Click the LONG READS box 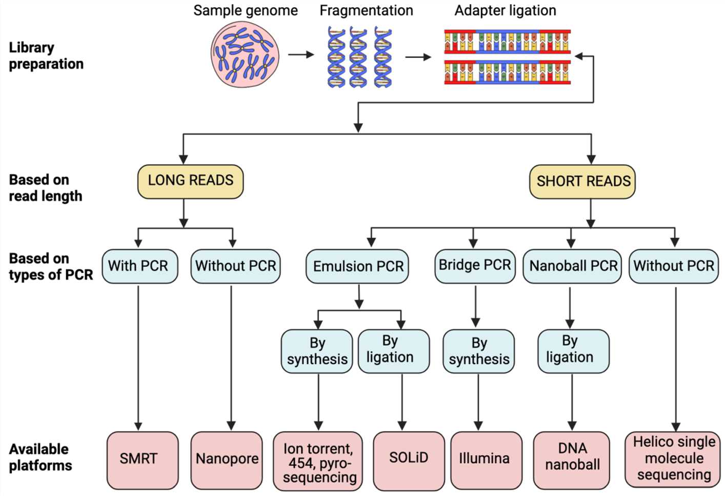[x=190, y=181]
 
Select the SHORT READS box [x=582, y=182]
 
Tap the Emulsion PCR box [x=357, y=266]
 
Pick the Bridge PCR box [x=475, y=265]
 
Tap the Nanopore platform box [x=227, y=460]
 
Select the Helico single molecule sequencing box [x=673, y=459]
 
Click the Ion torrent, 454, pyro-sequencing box [x=318, y=461]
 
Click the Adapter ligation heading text [x=505, y=11]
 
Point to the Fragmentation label [x=366, y=11]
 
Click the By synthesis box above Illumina [x=478, y=351]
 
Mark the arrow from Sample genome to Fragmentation [x=300, y=54]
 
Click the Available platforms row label [x=40, y=457]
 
